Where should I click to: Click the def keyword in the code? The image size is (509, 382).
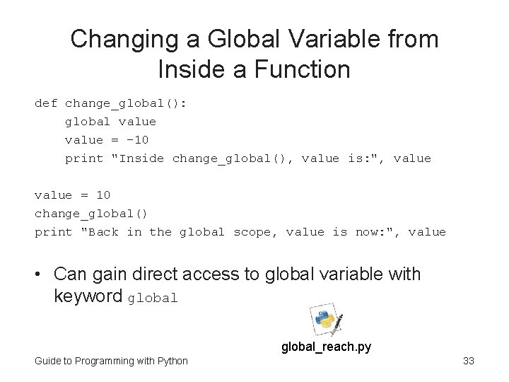[46, 103]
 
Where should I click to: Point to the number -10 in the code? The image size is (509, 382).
[134, 140]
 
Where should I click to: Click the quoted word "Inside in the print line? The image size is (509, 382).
[138, 158]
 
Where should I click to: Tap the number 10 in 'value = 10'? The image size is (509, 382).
[103, 195]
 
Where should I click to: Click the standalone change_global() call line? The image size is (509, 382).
[91, 214]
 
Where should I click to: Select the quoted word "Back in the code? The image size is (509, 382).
[100, 232]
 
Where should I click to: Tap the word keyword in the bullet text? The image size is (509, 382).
[88, 296]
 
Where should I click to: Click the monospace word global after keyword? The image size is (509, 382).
[153, 298]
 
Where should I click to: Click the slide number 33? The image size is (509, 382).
[468, 361]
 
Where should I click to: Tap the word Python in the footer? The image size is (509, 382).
[172, 361]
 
